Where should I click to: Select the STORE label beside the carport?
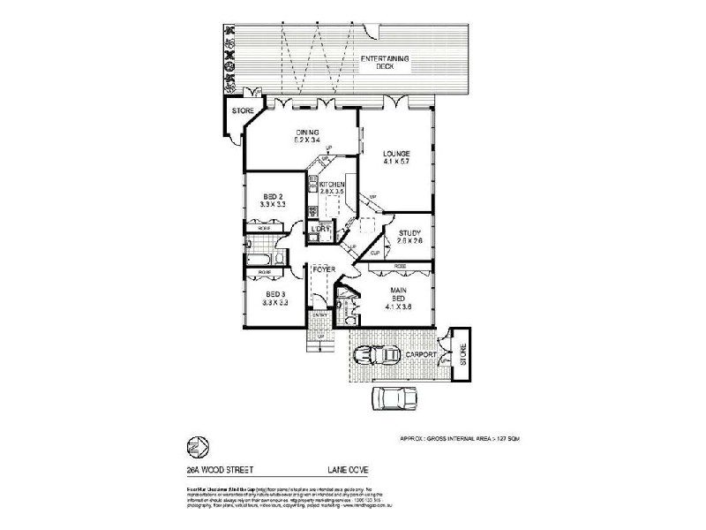tap(463, 356)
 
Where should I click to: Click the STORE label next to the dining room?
tap(241, 112)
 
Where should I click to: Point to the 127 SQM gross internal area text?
tap(494, 438)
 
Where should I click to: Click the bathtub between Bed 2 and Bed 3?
tap(262, 260)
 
